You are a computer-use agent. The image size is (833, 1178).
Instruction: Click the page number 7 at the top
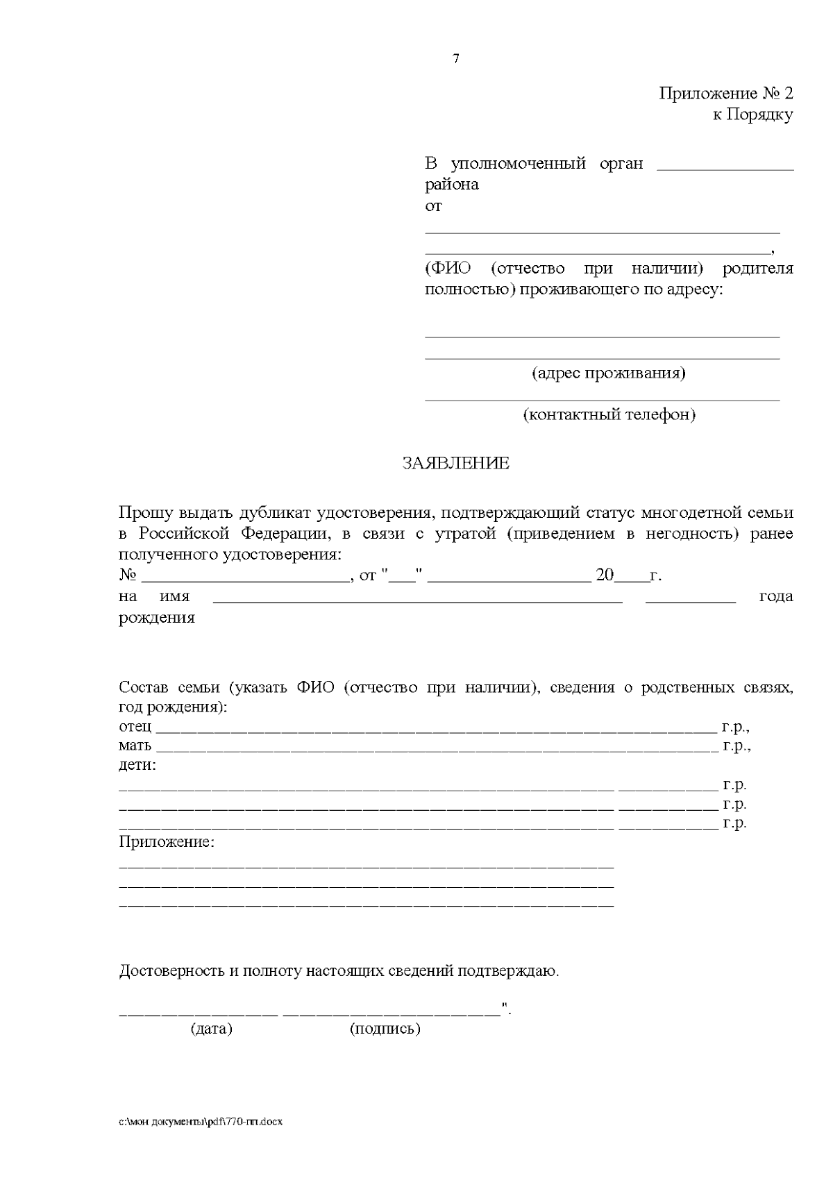(x=456, y=59)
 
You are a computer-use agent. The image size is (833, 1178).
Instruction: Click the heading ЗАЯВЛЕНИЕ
(x=456, y=463)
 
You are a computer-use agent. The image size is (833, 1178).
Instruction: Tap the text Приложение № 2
(x=725, y=94)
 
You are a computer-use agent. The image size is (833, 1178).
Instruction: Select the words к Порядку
(x=752, y=115)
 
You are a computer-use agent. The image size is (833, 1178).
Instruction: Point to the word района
(x=451, y=185)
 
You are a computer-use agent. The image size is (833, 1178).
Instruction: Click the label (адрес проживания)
(x=609, y=373)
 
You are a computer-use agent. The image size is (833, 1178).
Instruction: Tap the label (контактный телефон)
(x=609, y=415)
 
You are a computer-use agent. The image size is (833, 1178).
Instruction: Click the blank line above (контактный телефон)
(x=602, y=399)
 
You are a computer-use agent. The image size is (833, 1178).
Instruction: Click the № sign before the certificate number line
(x=127, y=575)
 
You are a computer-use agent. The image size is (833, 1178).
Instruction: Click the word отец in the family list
(x=135, y=727)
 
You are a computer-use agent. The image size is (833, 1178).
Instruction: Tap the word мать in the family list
(x=135, y=746)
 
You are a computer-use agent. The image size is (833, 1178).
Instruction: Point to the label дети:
(x=137, y=766)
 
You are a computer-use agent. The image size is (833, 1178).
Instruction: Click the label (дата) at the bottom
(x=211, y=1029)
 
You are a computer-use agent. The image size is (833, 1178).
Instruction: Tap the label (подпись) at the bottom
(x=385, y=1029)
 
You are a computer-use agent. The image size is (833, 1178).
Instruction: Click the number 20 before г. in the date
(x=604, y=575)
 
